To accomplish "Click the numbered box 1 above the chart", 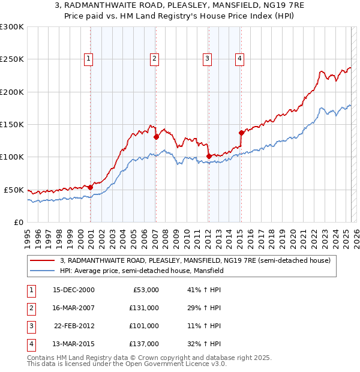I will coord(88,58).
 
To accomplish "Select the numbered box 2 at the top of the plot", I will coord(154,58).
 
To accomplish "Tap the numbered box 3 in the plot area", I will coord(206,58).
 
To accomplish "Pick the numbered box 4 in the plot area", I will coord(239,58).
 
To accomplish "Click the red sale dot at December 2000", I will coord(91,187).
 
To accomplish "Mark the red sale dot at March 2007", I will coord(157,137).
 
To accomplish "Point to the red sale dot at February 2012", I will coord(209,156).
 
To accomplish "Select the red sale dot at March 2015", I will coord(241,133).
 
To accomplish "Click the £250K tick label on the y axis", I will coord(12,59).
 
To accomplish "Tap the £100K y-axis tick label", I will coord(12,157).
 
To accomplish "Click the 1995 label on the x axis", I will coord(28,235).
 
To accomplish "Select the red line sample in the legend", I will coord(43,261).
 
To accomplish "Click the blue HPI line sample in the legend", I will coord(43,271).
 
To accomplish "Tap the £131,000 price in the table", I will coord(144,308).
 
